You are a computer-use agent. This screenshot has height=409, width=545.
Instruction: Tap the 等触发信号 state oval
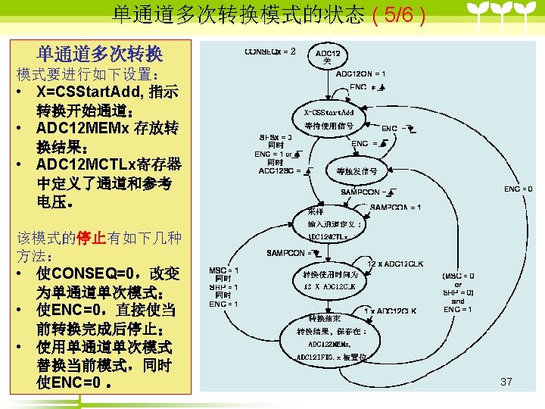pyautogui.click(x=357, y=172)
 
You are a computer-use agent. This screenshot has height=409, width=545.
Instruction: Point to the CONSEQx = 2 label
pyautogui.click(x=270, y=52)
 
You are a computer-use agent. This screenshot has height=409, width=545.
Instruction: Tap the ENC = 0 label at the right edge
pyautogui.click(x=519, y=189)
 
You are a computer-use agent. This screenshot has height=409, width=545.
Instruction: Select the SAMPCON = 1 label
pyautogui.click(x=396, y=208)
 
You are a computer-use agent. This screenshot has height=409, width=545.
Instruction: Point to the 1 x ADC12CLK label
pyautogui.click(x=391, y=311)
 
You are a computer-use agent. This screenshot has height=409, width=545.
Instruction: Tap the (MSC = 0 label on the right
pyautogui.click(x=459, y=276)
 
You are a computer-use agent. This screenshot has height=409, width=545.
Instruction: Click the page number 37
pyautogui.click(x=506, y=382)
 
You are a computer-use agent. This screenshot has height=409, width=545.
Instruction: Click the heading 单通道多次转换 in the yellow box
pyautogui.click(x=99, y=55)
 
